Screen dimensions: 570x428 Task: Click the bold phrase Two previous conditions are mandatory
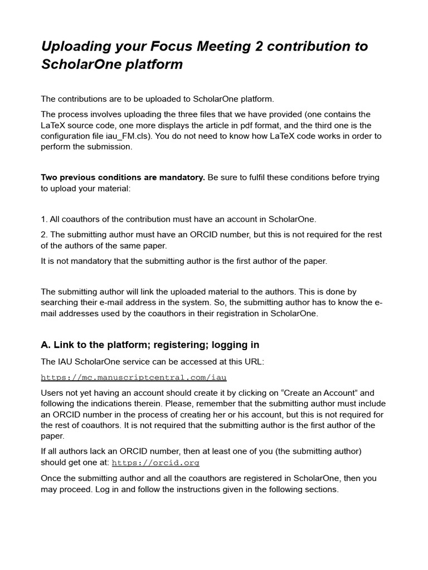tap(123, 177)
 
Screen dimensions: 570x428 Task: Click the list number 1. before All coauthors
tap(44, 219)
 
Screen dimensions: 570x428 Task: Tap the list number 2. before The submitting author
tap(44, 235)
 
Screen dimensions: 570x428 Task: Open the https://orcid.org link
tap(155, 463)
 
